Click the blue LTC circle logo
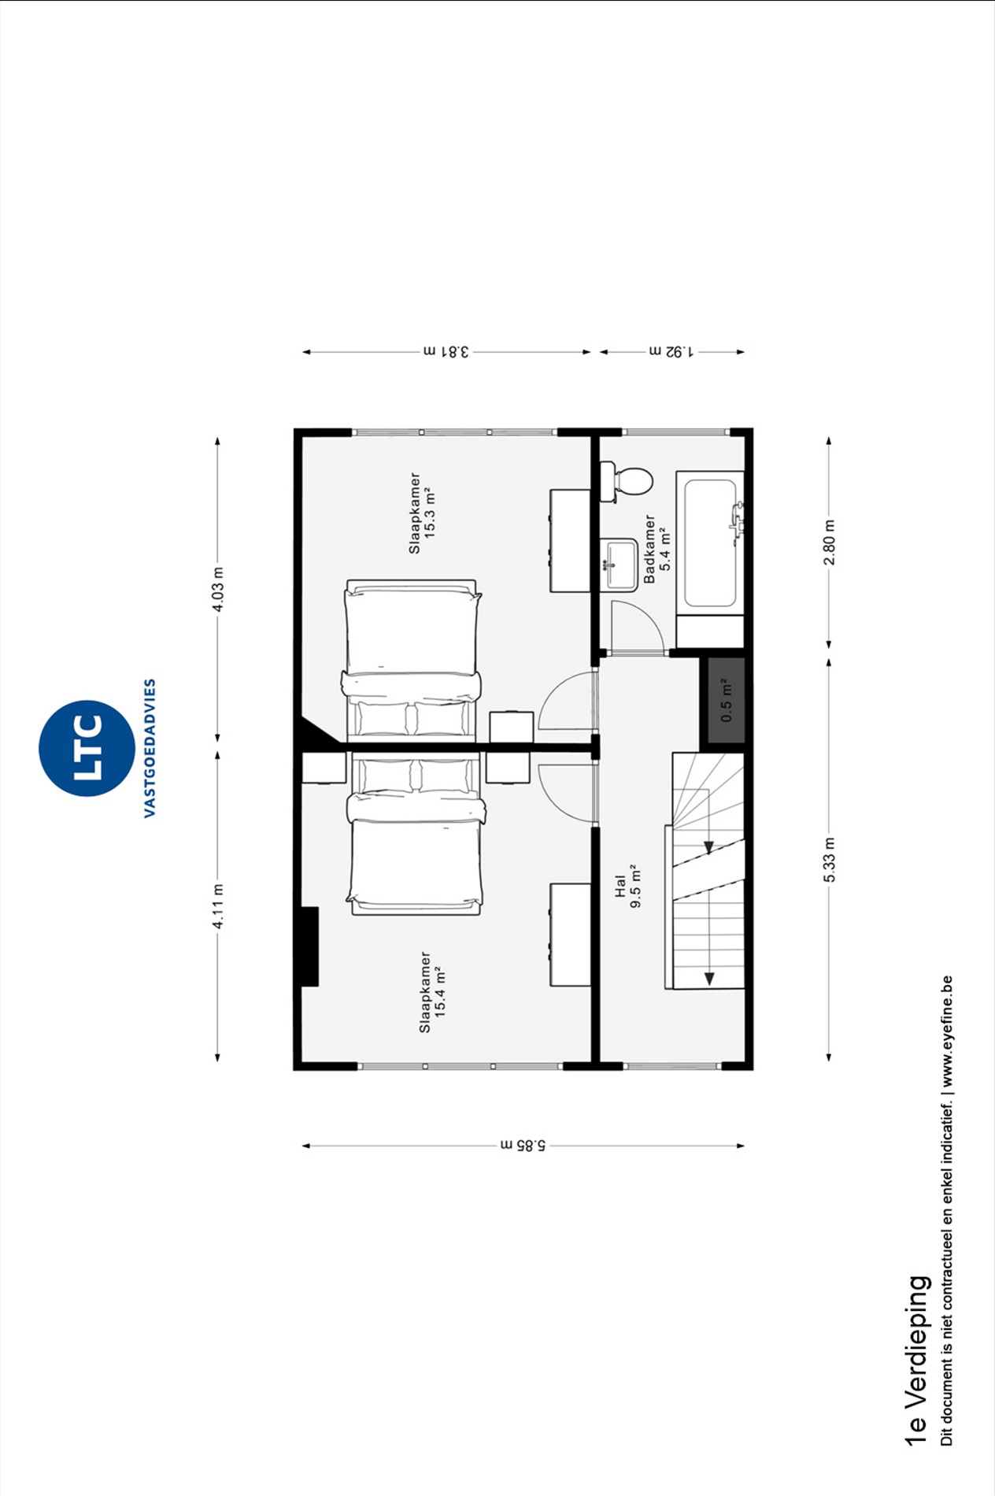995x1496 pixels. [87, 748]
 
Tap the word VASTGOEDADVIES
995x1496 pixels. [150, 748]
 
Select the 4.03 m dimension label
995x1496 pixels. [219, 589]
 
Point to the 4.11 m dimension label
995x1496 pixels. [219, 906]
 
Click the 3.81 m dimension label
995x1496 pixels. [446, 351]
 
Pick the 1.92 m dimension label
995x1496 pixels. [671, 351]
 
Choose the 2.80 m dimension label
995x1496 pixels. [829, 542]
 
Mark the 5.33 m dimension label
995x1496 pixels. [829, 860]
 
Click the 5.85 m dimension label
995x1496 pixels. [523, 1145]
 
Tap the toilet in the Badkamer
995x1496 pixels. [627, 480]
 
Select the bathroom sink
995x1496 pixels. [620, 565]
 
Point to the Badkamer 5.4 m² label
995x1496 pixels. [657, 549]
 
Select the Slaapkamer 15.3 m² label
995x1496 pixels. [423, 513]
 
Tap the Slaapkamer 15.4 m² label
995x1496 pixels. [432, 991]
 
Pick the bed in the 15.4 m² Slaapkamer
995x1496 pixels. [415, 835]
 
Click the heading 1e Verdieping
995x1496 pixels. [917, 1370]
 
